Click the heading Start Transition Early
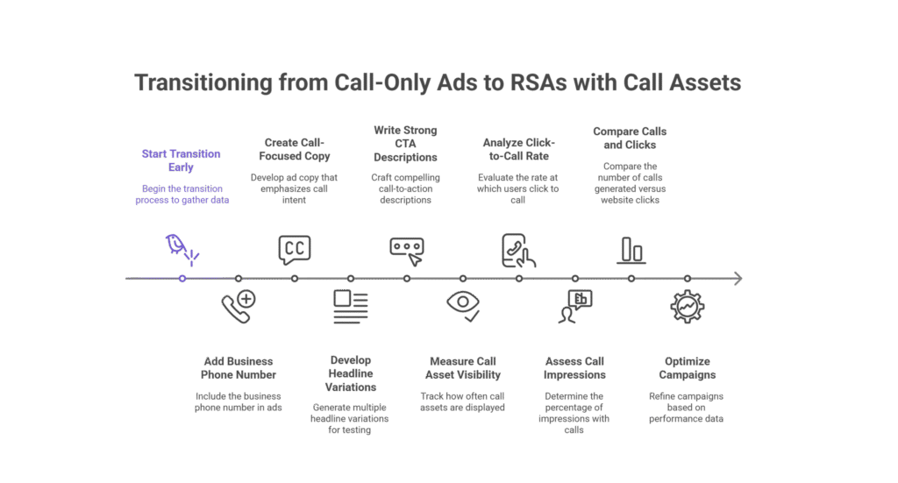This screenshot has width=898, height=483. point(181,160)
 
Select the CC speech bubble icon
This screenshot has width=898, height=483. point(295,248)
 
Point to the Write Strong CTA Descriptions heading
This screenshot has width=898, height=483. point(406,144)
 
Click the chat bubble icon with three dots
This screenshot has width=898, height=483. point(407,248)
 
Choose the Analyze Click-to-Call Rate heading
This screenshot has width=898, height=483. point(518,150)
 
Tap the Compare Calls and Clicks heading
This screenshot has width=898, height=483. point(630,138)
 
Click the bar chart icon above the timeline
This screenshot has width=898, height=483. point(631,250)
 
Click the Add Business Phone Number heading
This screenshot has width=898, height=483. point(239,366)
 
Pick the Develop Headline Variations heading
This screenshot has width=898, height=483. point(351,373)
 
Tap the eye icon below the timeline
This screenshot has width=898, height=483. point(463,303)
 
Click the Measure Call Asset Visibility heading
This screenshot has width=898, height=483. point(463,366)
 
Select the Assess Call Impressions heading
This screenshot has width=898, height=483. point(575,366)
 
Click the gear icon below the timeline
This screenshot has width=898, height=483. point(687,306)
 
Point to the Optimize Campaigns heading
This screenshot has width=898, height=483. point(687,366)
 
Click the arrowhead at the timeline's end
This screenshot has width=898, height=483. point(738,279)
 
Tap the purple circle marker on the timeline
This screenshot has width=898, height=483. point(182,279)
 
